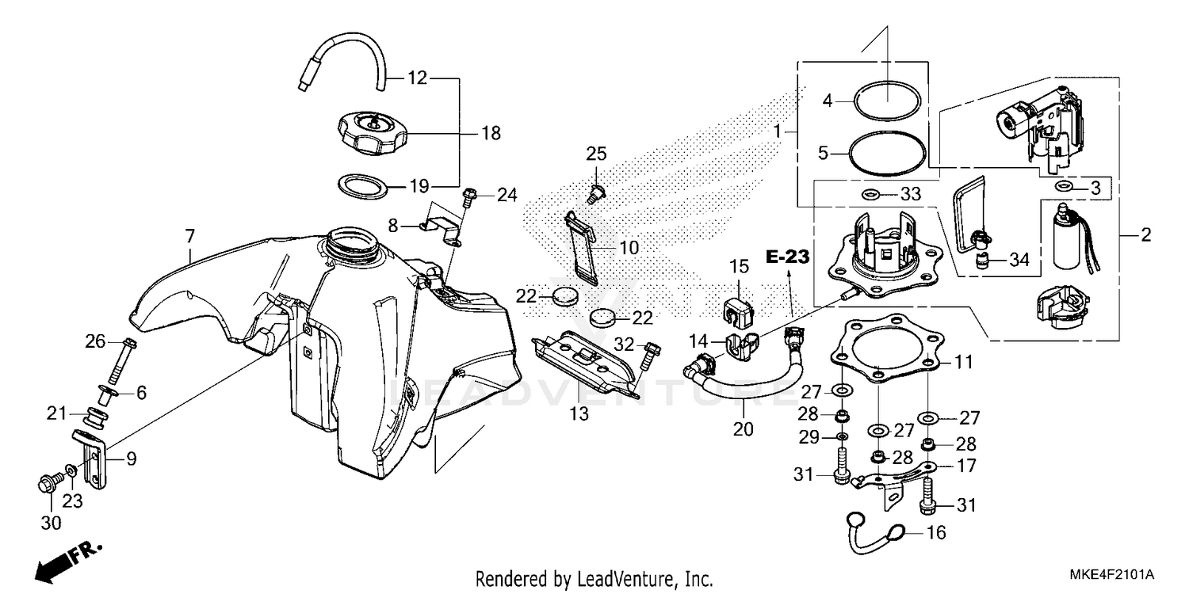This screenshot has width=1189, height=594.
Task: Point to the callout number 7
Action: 189,235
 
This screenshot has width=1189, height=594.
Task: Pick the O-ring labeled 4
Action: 886,100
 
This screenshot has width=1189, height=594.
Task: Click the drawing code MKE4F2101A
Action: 1114,573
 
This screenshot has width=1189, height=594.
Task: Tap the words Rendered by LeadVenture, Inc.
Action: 594,579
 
